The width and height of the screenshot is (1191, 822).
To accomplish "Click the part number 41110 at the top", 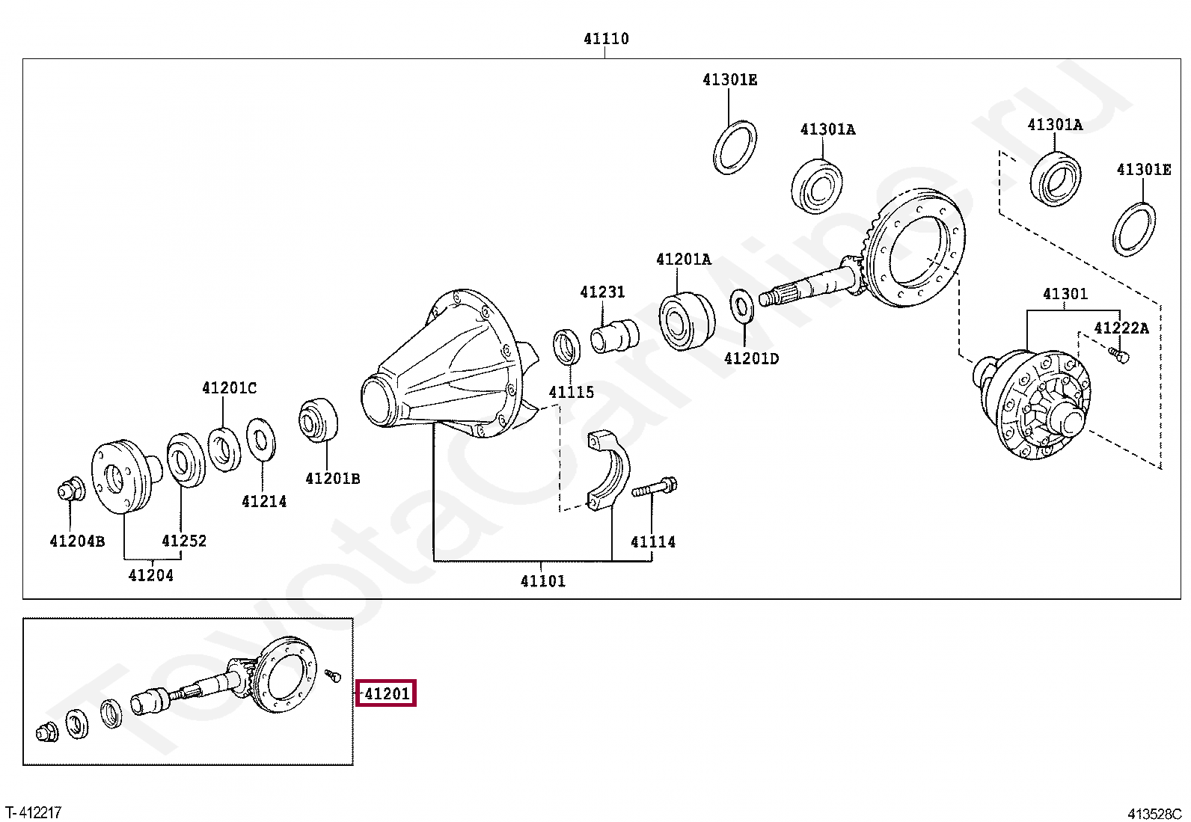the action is click(x=606, y=38).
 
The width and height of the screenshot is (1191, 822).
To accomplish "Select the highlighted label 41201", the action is click(x=387, y=693).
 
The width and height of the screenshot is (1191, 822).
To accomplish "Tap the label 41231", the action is click(x=602, y=292).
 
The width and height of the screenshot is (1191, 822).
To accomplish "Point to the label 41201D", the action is click(x=751, y=358).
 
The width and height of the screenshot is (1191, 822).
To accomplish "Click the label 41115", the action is click(x=571, y=392).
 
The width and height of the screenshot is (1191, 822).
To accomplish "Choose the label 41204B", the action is click(x=77, y=541).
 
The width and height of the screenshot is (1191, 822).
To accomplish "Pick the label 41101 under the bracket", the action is click(x=543, y=580).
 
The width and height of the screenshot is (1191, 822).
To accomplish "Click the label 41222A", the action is click(x=1121, y=328).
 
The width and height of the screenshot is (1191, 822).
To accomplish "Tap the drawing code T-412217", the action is click(x=34, y=812).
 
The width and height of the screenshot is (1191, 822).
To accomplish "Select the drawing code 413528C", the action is click(x=1154, y=814).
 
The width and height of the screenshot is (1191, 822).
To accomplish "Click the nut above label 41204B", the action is click(x=71, y=490).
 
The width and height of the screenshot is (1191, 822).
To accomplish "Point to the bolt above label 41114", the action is click(x=655, y=486).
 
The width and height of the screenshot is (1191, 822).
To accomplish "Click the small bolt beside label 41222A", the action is click(x=1118, y=355).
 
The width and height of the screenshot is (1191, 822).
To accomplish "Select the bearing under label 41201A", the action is click(x=687, y=320).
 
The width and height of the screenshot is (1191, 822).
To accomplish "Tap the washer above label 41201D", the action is click(x=741, y=306).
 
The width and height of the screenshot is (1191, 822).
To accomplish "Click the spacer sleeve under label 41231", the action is click(x=615, y=336).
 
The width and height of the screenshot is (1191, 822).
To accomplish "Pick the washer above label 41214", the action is click(x=261, y=440).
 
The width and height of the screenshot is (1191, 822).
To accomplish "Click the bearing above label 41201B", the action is click(x=318, y=420).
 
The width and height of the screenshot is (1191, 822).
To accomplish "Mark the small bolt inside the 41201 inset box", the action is click(x=333, y=676).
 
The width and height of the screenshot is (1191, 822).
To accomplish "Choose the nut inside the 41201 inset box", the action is click(x=47, y=734).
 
